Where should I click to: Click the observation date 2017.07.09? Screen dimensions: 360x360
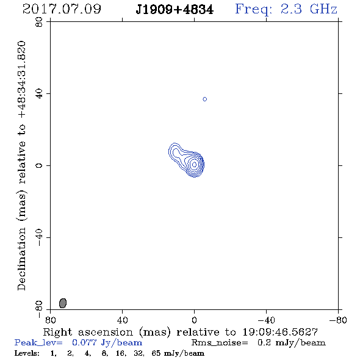pos(62,9)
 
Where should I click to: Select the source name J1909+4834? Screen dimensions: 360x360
pos(175,10)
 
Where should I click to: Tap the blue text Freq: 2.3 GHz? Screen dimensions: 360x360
pos(286,9)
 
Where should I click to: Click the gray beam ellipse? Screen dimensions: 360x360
pos(63,303)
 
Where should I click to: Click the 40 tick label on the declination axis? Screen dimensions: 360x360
pos(39,94)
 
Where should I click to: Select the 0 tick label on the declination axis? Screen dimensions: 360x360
pos(39,165)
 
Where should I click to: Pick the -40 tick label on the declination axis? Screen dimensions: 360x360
pos(39,237)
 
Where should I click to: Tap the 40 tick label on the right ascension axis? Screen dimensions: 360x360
pos(122,320)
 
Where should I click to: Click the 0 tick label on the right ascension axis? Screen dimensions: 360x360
pos(194,320)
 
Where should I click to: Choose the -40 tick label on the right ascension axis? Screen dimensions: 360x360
pos(266,320)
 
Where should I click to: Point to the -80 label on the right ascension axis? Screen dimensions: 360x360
pos(337,320)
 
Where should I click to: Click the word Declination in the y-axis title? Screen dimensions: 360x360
pos(22,259)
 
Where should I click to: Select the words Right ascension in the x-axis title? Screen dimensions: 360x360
pos(88,332)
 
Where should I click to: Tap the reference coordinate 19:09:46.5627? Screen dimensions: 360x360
pos(280,332)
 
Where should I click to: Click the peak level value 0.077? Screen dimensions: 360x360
pos(84,342)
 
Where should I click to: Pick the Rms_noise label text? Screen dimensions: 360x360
pos(220,343)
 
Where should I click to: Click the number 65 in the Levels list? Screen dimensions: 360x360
pos(156,353)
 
